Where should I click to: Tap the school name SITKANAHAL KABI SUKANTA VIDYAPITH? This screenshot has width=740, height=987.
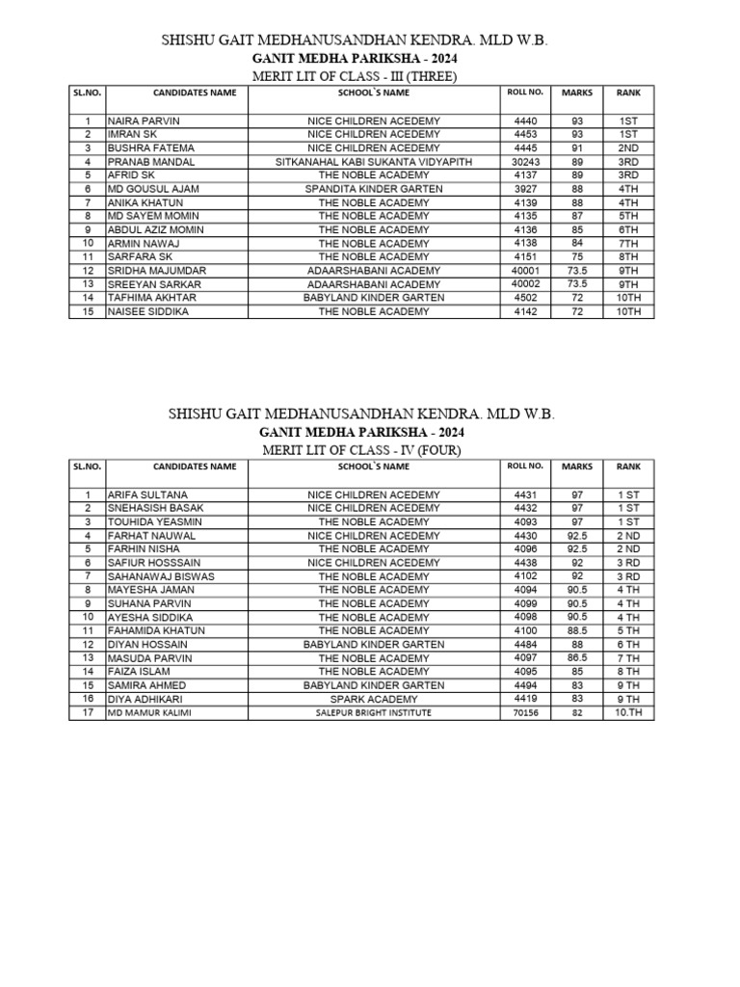click(374, 162)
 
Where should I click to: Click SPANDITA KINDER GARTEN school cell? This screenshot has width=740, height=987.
click(374, 189)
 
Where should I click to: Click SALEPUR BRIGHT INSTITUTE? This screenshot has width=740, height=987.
click(374, 712)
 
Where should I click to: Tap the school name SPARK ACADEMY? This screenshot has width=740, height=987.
click(374, 698)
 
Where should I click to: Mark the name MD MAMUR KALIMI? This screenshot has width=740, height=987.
click(146, 712)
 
